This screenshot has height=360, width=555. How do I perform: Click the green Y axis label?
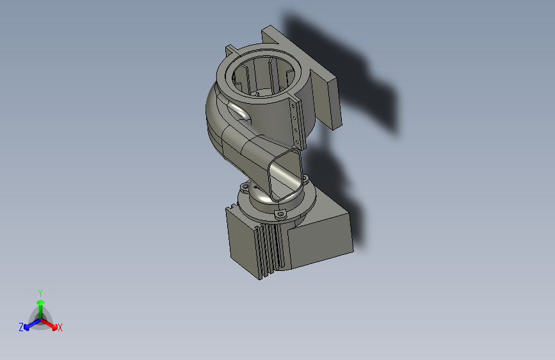click(x=40, y=293)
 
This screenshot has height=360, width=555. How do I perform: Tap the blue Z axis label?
click(x=21, y=327)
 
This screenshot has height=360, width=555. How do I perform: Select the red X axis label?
click(x=60, y=327)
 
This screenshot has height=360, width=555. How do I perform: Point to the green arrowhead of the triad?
click(x=41, y=303)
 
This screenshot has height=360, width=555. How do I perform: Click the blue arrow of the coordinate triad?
click(x=33, y=324)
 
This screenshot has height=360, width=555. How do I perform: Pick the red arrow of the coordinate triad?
click(x=49, y=324)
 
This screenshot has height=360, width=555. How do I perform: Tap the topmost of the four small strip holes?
click(x=293, y=106)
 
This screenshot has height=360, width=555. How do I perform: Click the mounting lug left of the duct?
click(x=245, y=186)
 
